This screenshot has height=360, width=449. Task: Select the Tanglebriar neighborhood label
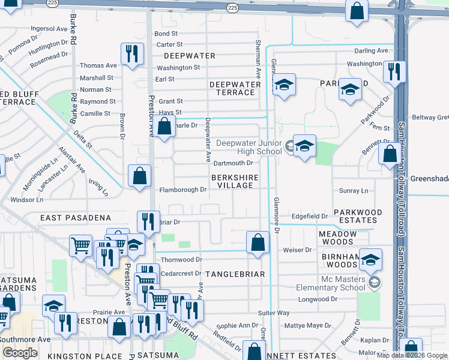tap(235, 274)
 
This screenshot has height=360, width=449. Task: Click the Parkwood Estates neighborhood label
tap(358, 216)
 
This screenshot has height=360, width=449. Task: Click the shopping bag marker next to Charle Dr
tap(163, 126)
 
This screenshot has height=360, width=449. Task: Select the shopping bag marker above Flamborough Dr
tap(139, 176)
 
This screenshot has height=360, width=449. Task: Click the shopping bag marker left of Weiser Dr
tap(258, 242)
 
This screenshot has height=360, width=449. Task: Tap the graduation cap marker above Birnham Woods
tap(371, 259)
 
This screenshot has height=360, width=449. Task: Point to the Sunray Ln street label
tap(354, 191)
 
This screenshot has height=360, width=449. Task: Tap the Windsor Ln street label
tap(27, 199)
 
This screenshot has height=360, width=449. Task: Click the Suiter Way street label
tap(274, 313)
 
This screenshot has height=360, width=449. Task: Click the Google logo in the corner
tap(20, 353)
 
